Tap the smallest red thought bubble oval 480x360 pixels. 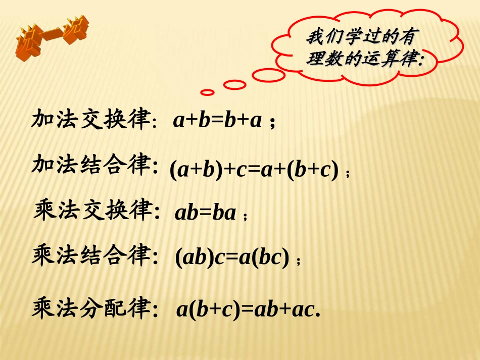click(208, 92)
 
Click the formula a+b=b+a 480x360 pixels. click(217, 121)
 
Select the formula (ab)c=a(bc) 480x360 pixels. click(232, 259)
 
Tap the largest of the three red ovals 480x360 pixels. click(268, 75)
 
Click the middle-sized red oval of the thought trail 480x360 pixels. click(234, 85)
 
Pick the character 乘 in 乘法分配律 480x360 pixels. click(43, 307)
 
